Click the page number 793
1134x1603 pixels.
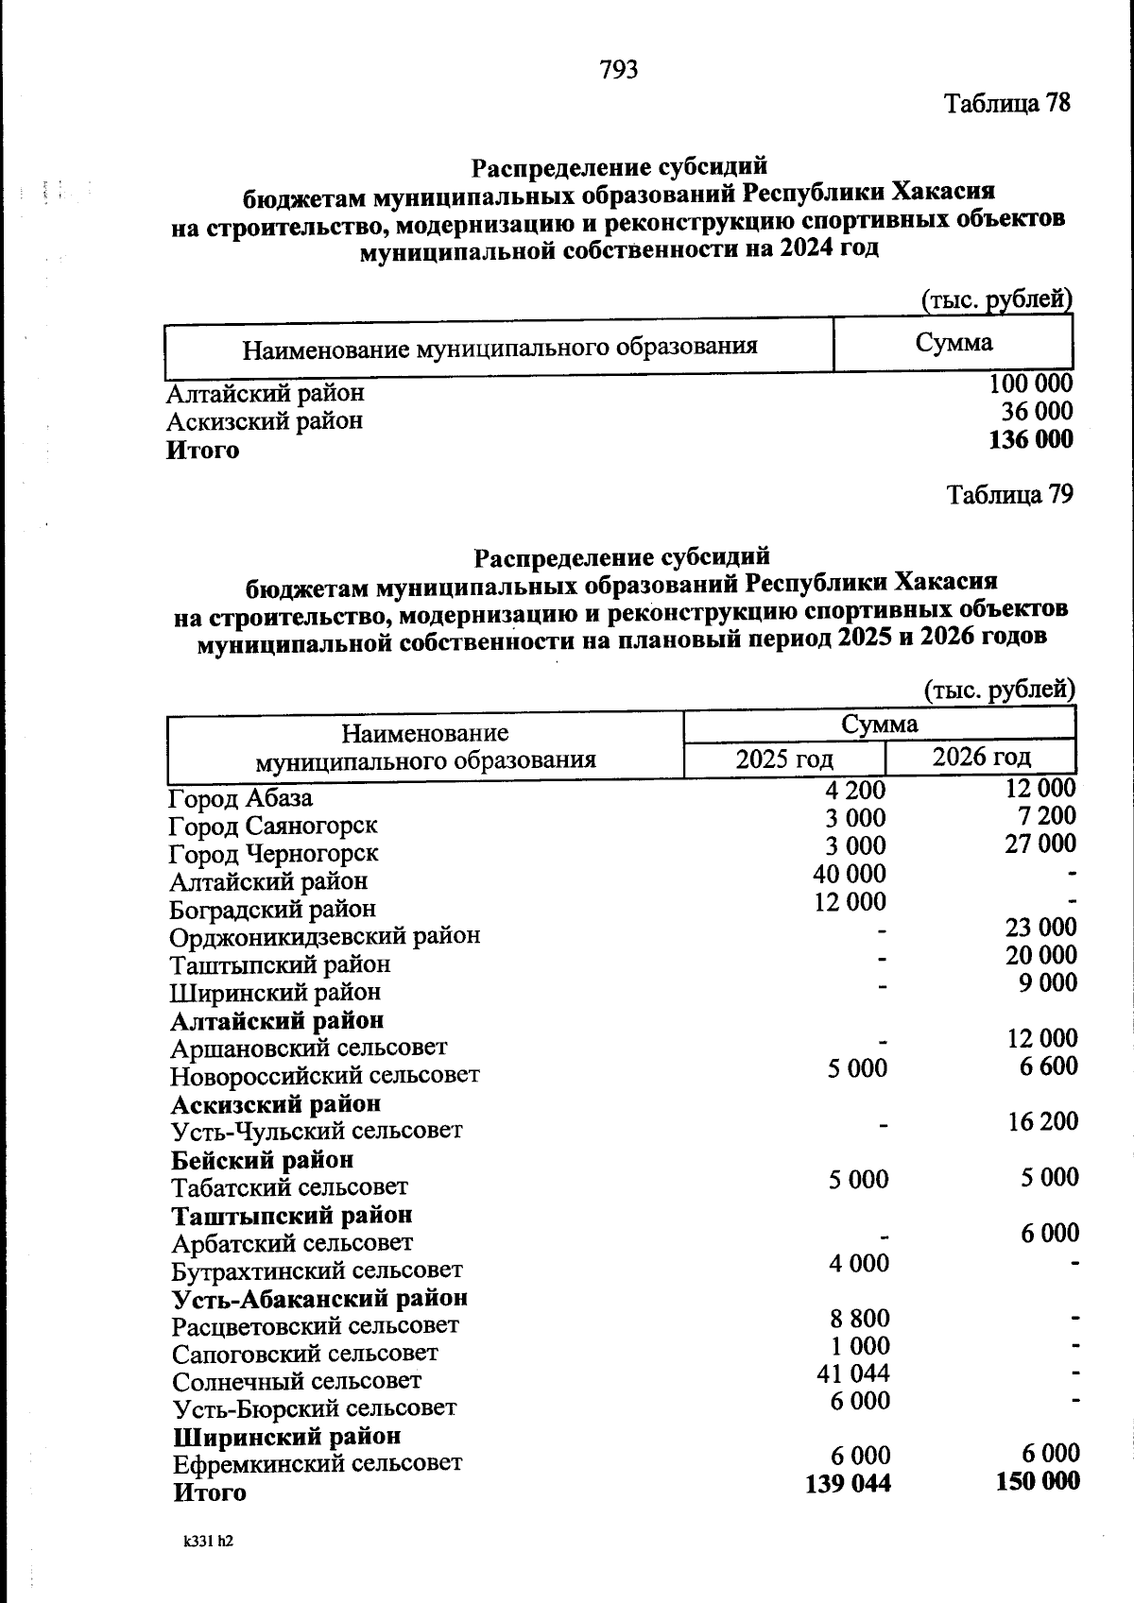coord(619,70)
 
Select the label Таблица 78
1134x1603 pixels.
coord(1007,103)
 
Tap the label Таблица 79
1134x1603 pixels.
coord(1009,494)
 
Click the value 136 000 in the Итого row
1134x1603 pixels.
coord(1030,440)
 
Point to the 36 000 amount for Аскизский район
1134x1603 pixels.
coord(1037,412)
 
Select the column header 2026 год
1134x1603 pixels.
coord(981,757)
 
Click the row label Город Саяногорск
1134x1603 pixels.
coord(273,826)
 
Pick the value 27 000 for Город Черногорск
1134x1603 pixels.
coord(1039,844)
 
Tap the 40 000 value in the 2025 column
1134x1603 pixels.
coord(850,874)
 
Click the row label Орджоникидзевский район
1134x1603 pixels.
coord(325,936)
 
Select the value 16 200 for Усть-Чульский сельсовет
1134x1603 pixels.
coord(1042,1121)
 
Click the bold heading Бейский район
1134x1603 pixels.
coord(263,1159)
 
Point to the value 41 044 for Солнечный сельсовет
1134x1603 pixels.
coord(853,1373)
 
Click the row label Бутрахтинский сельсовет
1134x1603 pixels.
coord(317,1270)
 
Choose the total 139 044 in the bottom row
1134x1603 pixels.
coord(848,1484)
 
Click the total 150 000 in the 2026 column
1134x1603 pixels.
coord(1038,1480)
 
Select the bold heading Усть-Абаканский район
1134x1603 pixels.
coord(319,1298)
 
